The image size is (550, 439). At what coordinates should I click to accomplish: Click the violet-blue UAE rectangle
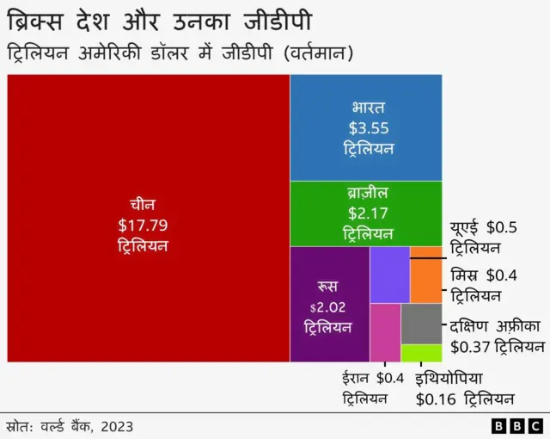(389, 275)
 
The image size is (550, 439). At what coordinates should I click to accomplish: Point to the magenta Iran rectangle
(385, 332)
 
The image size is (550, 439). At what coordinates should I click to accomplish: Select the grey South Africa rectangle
(421, 323)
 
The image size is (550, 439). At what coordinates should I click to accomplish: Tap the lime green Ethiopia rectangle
(421, 353)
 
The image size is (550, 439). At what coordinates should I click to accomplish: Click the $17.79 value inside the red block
(143, 226)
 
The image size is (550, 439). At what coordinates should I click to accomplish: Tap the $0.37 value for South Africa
(467, 347)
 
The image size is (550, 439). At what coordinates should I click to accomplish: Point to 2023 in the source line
(117, 425)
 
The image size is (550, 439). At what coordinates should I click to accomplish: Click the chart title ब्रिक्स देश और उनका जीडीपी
(160, 19)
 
